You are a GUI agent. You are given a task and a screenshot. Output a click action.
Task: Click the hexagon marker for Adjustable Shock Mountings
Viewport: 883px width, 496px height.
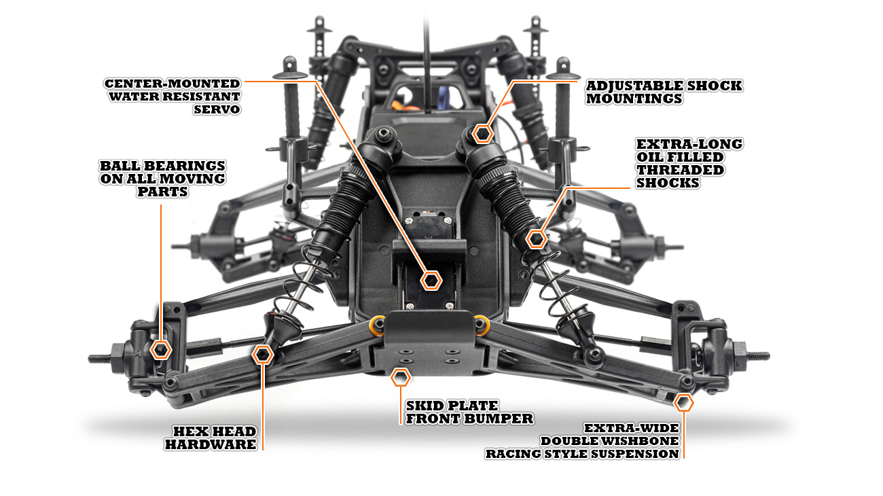pyautogui.click(x=483, y=133)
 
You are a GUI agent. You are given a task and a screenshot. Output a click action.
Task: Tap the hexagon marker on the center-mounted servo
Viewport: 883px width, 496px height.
pyautogui.click(x=431, y=279)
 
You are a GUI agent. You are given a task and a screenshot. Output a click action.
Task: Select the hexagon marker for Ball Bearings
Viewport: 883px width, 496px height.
pyautogui.click(x=161, y=349)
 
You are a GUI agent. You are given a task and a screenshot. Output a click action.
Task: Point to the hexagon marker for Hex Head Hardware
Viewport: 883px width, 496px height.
pyautogui.click(x=263, y=354)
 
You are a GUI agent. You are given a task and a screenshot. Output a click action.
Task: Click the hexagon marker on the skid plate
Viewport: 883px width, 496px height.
pyautogui.click(x=401, y=377)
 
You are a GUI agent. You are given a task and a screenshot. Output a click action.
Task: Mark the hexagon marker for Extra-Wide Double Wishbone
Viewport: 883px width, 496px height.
pyautogui.click(x=684, y=402)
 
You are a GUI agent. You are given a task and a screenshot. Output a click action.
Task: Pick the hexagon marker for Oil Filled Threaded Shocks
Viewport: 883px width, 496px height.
pyautogui.click(x=537, y=238)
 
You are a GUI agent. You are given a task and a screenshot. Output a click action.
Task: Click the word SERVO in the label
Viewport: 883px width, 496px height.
pyautogui.click(x=217, y=109)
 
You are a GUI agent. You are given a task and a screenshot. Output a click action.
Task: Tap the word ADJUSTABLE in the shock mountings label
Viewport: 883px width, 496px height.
pyautogui.click(x=628, y=86)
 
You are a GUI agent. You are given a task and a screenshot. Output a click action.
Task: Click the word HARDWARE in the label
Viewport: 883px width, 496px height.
pyautogui.click(x=211, y=444)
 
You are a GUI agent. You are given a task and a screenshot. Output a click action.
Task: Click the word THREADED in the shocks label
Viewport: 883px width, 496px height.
pyautogui.click(x=670, y=170)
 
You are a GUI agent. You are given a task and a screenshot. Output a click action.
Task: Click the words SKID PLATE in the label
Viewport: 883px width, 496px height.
pyautogui.click(x=452, y=406)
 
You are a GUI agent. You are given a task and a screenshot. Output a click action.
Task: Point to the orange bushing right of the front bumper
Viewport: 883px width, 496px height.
pyautogui.click(x=481, y=325)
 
